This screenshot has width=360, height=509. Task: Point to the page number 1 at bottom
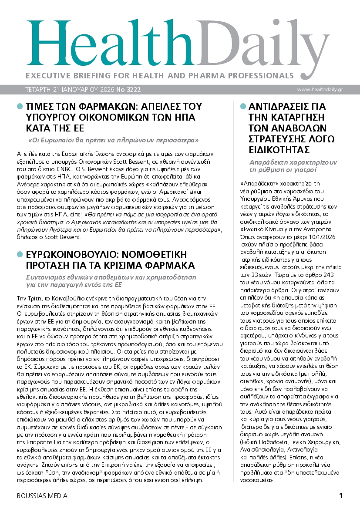point(341,496)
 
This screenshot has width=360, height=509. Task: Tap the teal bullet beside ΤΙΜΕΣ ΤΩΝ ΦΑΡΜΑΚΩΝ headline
point(19,106)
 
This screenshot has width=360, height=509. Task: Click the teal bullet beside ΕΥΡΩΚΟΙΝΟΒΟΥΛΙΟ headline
point(19,254)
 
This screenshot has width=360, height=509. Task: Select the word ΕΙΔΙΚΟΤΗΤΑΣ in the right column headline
point(279,150)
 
